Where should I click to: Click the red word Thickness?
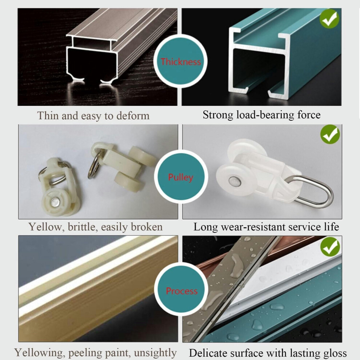pyautogui.click(x=180, y=62)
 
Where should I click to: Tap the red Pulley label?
pyautogui.click(x=181, y=177)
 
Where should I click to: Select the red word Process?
pyautogui.click(x=181, y=291)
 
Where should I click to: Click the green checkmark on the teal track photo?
pyautogui.click(x=329, y=19)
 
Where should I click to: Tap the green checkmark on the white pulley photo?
pyautogui.click(x=330, y=134)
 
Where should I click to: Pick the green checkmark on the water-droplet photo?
pyautogui.click(x=330, y=247)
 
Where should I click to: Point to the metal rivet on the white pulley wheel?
pyautogui.click(x=235, y=181)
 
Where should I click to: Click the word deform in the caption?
pyautogui.click(x=133, y=116)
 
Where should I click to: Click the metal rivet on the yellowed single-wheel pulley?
pyautogui.click(x=55, y=202)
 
